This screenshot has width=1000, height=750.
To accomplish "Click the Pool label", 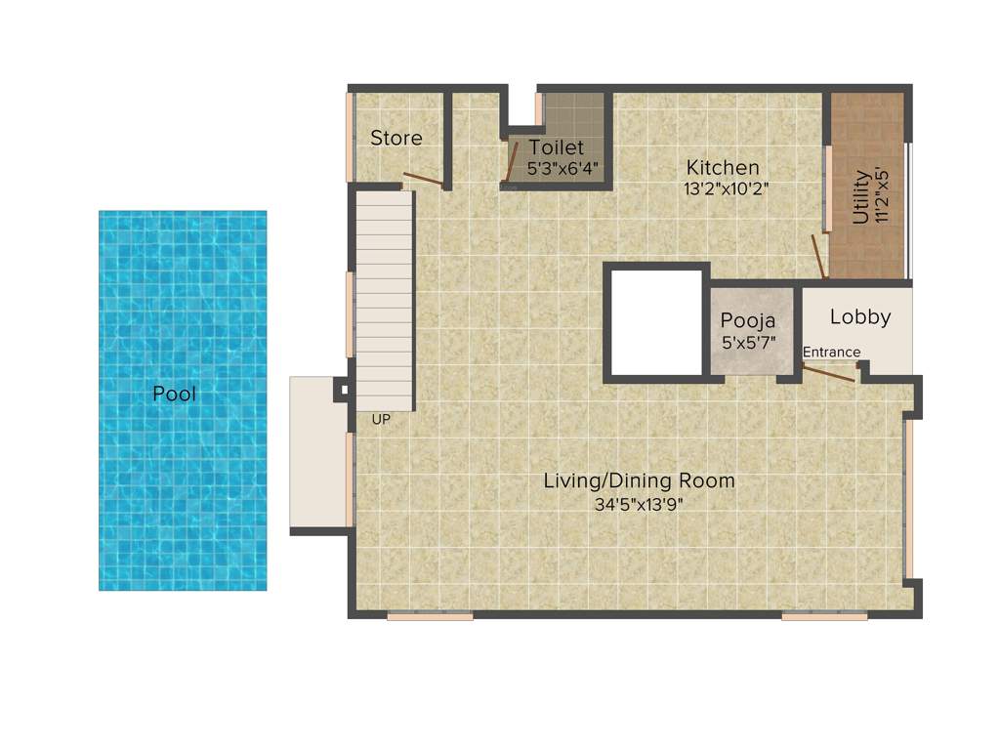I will [x=174, y=395].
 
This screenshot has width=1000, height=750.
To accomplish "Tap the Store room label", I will [x=396, y=139].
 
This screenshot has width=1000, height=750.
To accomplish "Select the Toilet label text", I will [x=556, y=147].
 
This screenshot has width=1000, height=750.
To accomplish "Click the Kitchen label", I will [x=722, y=167].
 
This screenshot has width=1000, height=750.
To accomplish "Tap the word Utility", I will [x=860, y=197].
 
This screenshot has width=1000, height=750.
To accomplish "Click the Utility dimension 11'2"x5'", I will [x=882, y=197].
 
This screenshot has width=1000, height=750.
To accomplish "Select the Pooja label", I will [x=747, y=320].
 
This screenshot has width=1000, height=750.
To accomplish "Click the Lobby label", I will [x=860, y=317].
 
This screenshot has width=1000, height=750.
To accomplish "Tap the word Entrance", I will [x=832, y=353].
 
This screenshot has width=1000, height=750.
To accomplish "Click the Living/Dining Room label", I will [x=639, y=480].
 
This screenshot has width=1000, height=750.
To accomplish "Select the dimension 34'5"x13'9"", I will [x=639, y=504].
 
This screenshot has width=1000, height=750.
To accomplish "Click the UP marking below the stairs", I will [x=380, y=420].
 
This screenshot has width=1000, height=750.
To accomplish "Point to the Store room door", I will [x=423, y=180].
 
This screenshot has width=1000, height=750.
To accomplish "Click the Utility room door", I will [x=818, y=256].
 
